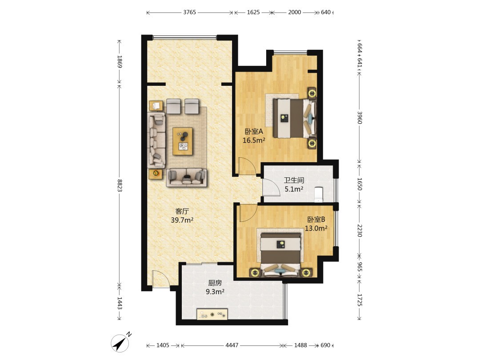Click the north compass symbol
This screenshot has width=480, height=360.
click(121, 343)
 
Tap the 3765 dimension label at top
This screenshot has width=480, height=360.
click(189, 12)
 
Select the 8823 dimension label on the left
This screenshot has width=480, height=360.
click(120, 185)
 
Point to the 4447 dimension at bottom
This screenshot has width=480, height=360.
click(232, 345)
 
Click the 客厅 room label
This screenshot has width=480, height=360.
click(182, 211)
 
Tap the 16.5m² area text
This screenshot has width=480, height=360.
click(254, 140)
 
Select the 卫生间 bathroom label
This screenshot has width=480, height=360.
click(294, 180)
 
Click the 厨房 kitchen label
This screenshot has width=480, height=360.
click(215, 283)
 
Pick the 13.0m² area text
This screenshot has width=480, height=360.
click(316, 228)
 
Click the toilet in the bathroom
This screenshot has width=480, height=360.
click(319, 194)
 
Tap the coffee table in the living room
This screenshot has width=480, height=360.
click(183, 141)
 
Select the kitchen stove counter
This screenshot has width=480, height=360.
click(212, 314)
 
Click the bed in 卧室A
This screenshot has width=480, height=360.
click(295, 118)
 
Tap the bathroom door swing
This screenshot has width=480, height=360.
click(271, 187)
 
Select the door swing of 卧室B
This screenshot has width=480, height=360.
click(248, 213)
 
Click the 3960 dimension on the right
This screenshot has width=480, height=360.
click(360, 117)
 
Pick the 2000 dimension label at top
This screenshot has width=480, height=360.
click(295, 12)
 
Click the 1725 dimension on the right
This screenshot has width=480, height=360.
click(360, 300)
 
